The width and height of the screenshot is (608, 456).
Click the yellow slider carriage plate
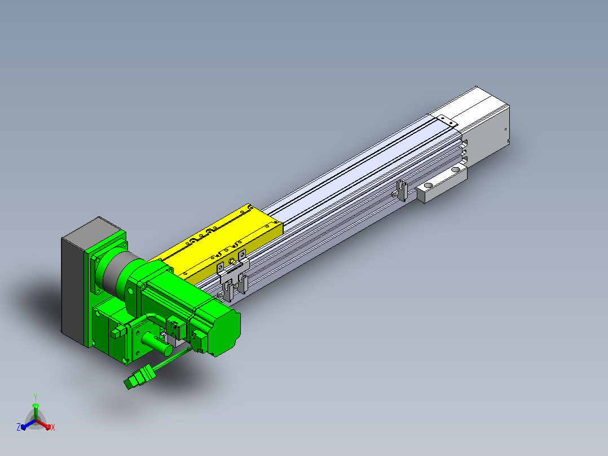(x=217, y=243)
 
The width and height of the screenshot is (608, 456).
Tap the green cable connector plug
(x=139, y=376)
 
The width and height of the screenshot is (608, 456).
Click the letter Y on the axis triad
(x=36, y=397)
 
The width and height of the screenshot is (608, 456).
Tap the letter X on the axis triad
(x=53, y=427)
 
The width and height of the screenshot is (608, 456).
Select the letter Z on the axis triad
(x=19, y=427)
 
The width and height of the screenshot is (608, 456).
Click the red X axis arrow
(x=43, y=424)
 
